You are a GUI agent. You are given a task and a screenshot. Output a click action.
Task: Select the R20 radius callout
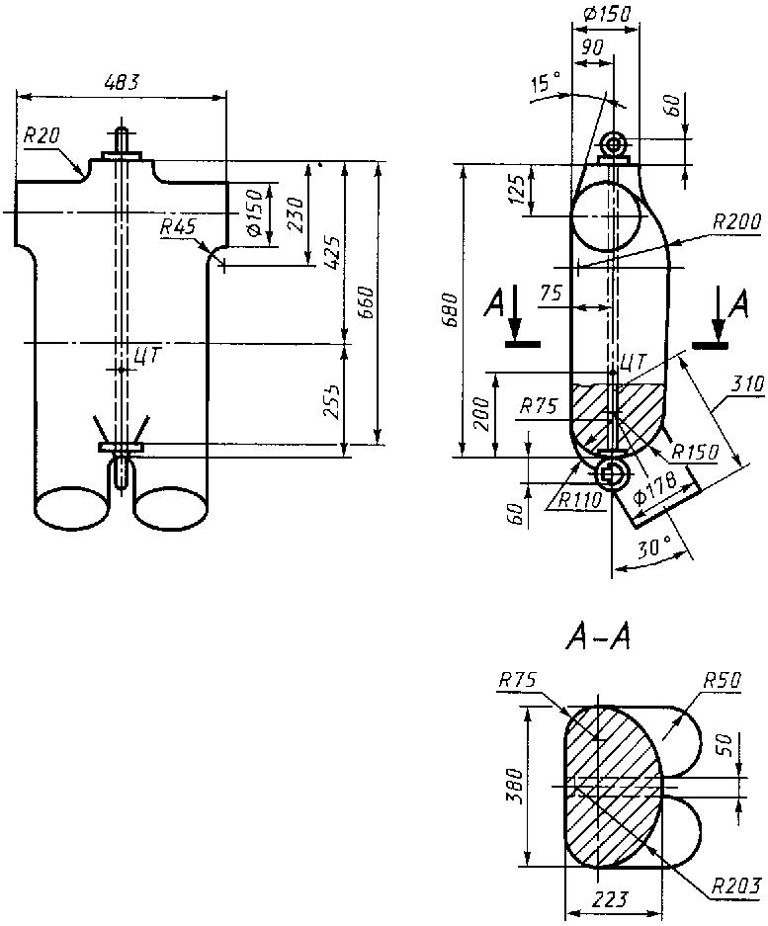tap(42, 136)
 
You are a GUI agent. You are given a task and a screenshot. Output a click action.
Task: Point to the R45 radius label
tap(178, 226)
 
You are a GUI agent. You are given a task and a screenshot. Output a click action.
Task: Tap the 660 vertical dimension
tap(367, 302)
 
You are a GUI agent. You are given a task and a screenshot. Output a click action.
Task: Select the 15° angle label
tap(546, 83)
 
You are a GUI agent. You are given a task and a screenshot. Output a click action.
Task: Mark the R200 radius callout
tap(736, 221)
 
